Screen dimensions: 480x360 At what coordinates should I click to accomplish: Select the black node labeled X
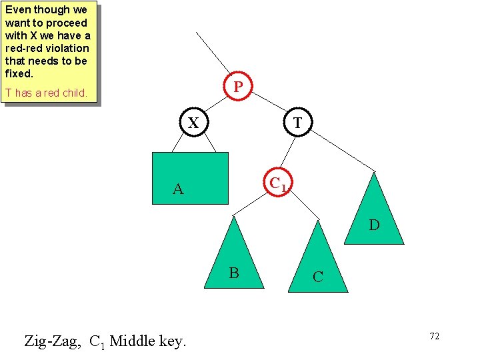tap(193, 123)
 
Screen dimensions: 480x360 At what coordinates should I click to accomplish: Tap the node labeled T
tap(297, 123)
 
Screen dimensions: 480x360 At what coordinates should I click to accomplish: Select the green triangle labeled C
tap(318, 267)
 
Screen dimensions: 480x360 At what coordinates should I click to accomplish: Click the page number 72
tap(434, 336)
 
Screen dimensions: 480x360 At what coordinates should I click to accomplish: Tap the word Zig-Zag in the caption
tap(53, 341)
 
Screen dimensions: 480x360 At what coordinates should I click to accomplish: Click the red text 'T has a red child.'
tap(46, 93)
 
